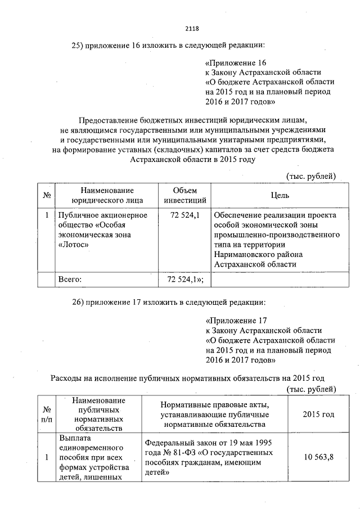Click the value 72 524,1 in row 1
185,215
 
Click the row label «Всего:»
70,279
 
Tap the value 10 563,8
319,456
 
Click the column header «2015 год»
318,415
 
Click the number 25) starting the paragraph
77,45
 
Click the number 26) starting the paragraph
77,303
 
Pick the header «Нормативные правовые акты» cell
215,405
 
